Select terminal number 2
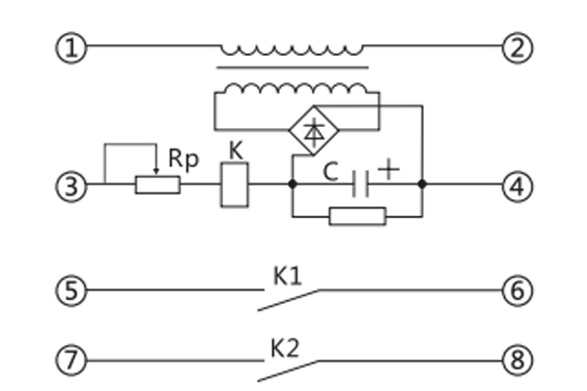[x=517, y=47]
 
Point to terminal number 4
[x=517, y=183]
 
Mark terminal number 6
[x=517, y=290]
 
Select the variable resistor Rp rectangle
[x=158, y=184]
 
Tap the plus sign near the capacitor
[x=389, y=168]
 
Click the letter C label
[x=332, y=173]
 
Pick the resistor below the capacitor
[x=357, y=215]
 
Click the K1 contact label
[x=287, y=277]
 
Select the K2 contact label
[x=287, y=346]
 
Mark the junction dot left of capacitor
[x=293, y=183]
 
